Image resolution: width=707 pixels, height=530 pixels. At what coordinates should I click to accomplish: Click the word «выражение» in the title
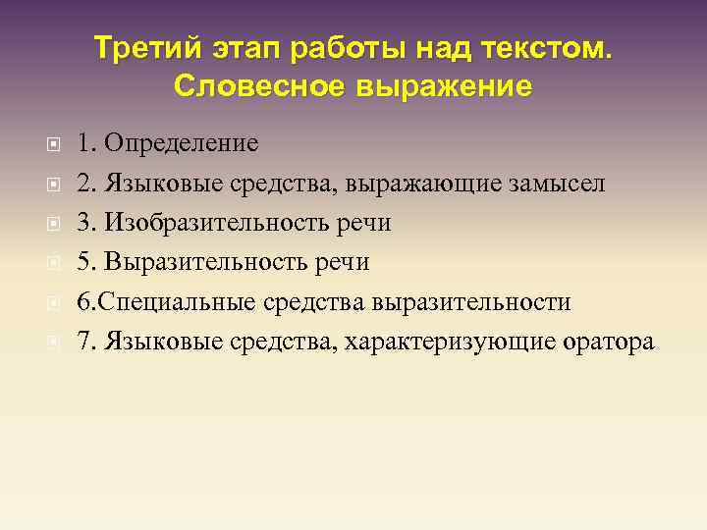tap(447, 86)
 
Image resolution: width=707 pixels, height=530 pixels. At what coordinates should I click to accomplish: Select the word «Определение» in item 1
tap(182, 144)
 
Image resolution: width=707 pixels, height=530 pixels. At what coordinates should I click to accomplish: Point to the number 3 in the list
tap(84, 224)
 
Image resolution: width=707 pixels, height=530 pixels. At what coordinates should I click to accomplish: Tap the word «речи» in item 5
tap(348, 263)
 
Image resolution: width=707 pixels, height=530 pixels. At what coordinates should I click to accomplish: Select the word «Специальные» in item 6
tap(176, 302)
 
